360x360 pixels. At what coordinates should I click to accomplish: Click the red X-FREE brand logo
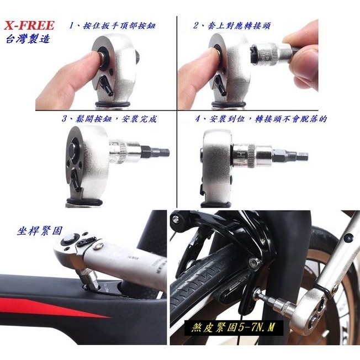click(29, 25)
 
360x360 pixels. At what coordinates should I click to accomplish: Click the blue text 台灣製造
click(28, 39)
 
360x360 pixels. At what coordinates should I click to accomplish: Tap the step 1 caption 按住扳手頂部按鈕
click(112, 25)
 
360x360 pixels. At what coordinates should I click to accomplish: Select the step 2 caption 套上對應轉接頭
click(232, 25)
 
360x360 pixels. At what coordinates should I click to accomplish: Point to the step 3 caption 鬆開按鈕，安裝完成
click(109, 119)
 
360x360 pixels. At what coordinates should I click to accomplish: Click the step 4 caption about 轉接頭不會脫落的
click(261, 119)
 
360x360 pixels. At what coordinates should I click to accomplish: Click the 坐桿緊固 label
click(40, 231)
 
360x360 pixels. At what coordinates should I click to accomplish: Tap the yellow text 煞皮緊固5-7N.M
click(233, 327)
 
